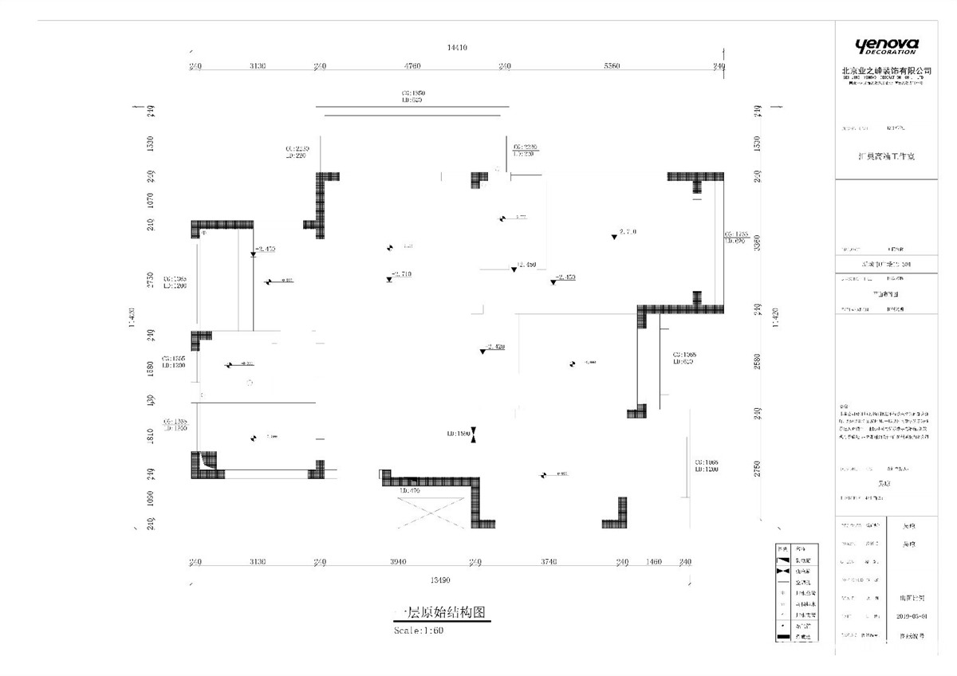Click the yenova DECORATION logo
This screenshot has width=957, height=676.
pos(886,46)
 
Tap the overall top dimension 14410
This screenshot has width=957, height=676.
pos(457,49)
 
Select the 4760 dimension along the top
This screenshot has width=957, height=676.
pos(412,66)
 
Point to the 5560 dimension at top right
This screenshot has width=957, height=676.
pos(612,66)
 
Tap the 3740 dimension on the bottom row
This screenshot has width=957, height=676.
pos(548,562)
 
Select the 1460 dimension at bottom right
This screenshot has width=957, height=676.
pos(654,562)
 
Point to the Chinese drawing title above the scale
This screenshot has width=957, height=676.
pos(440,613)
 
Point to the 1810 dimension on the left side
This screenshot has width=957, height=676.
pos(151,436)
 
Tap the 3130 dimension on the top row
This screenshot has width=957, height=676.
pos(257,66)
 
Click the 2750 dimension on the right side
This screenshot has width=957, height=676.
pos(758,468)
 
